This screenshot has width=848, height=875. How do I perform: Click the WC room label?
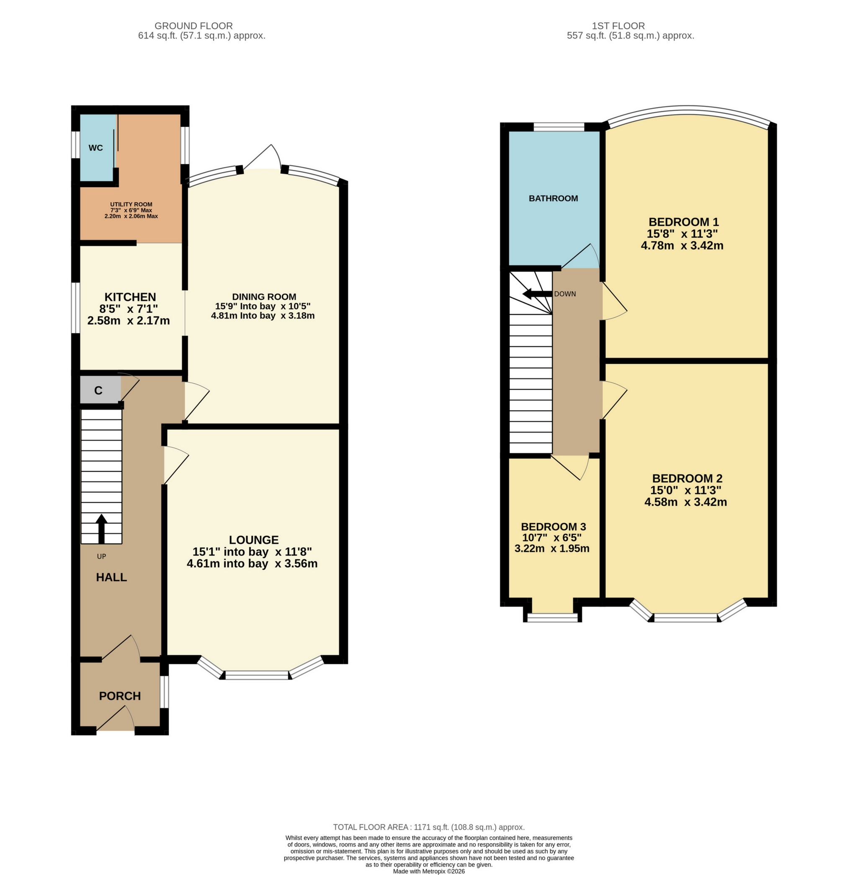click(95, 148)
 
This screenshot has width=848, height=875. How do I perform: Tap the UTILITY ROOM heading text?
click(131, 204)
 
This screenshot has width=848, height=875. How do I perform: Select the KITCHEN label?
click(130, 297)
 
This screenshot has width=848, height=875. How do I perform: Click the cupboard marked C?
click(98, 391)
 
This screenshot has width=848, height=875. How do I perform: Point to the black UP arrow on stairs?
click(101, 529)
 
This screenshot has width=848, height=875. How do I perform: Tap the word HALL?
click(111, 577)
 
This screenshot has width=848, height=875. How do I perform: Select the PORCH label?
click(120, 696)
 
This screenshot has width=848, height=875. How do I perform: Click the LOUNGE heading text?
click(254, 540)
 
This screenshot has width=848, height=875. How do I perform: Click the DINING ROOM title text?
click(264, 296)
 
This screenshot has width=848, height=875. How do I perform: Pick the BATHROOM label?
click(553, 198)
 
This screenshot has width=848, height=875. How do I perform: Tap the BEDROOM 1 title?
click(683, 222)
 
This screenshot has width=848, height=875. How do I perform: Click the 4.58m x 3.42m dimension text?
click(686, 502)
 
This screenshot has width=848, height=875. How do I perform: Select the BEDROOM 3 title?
click(553, 527)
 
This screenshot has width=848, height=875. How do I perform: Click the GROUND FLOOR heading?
click(193, 26)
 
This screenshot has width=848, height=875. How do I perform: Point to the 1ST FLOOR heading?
click(618, 26)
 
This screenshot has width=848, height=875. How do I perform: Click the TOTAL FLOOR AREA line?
click(429, 827)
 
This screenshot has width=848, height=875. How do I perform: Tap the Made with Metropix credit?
click(429, 871)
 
